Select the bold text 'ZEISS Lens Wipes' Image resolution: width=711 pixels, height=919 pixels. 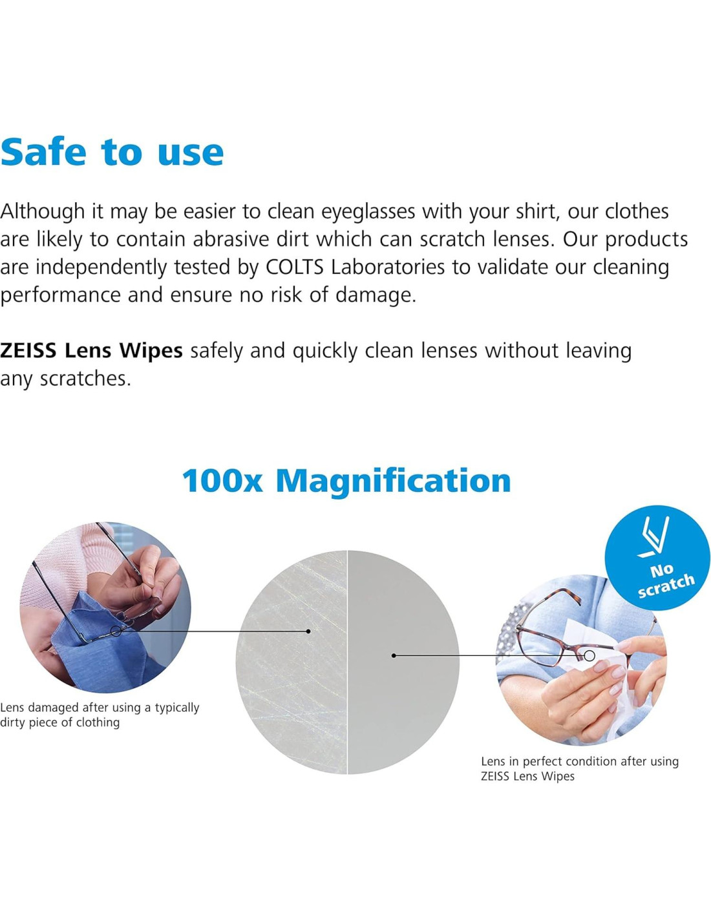coord(91,350)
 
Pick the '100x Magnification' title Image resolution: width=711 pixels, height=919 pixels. coord(346,481)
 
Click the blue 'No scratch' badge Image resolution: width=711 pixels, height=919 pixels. coord(657,558)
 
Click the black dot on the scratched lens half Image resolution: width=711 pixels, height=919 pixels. coord(308,631)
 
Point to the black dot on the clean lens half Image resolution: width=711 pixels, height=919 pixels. coord(394,655)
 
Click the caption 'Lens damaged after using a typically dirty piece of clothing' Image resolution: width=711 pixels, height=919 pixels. coord(100,715)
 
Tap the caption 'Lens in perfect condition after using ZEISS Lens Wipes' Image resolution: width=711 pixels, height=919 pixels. coord(579,768)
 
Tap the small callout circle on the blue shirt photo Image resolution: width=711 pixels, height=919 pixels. coord(116,631)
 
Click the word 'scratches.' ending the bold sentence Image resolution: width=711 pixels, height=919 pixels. coord(85,378)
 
